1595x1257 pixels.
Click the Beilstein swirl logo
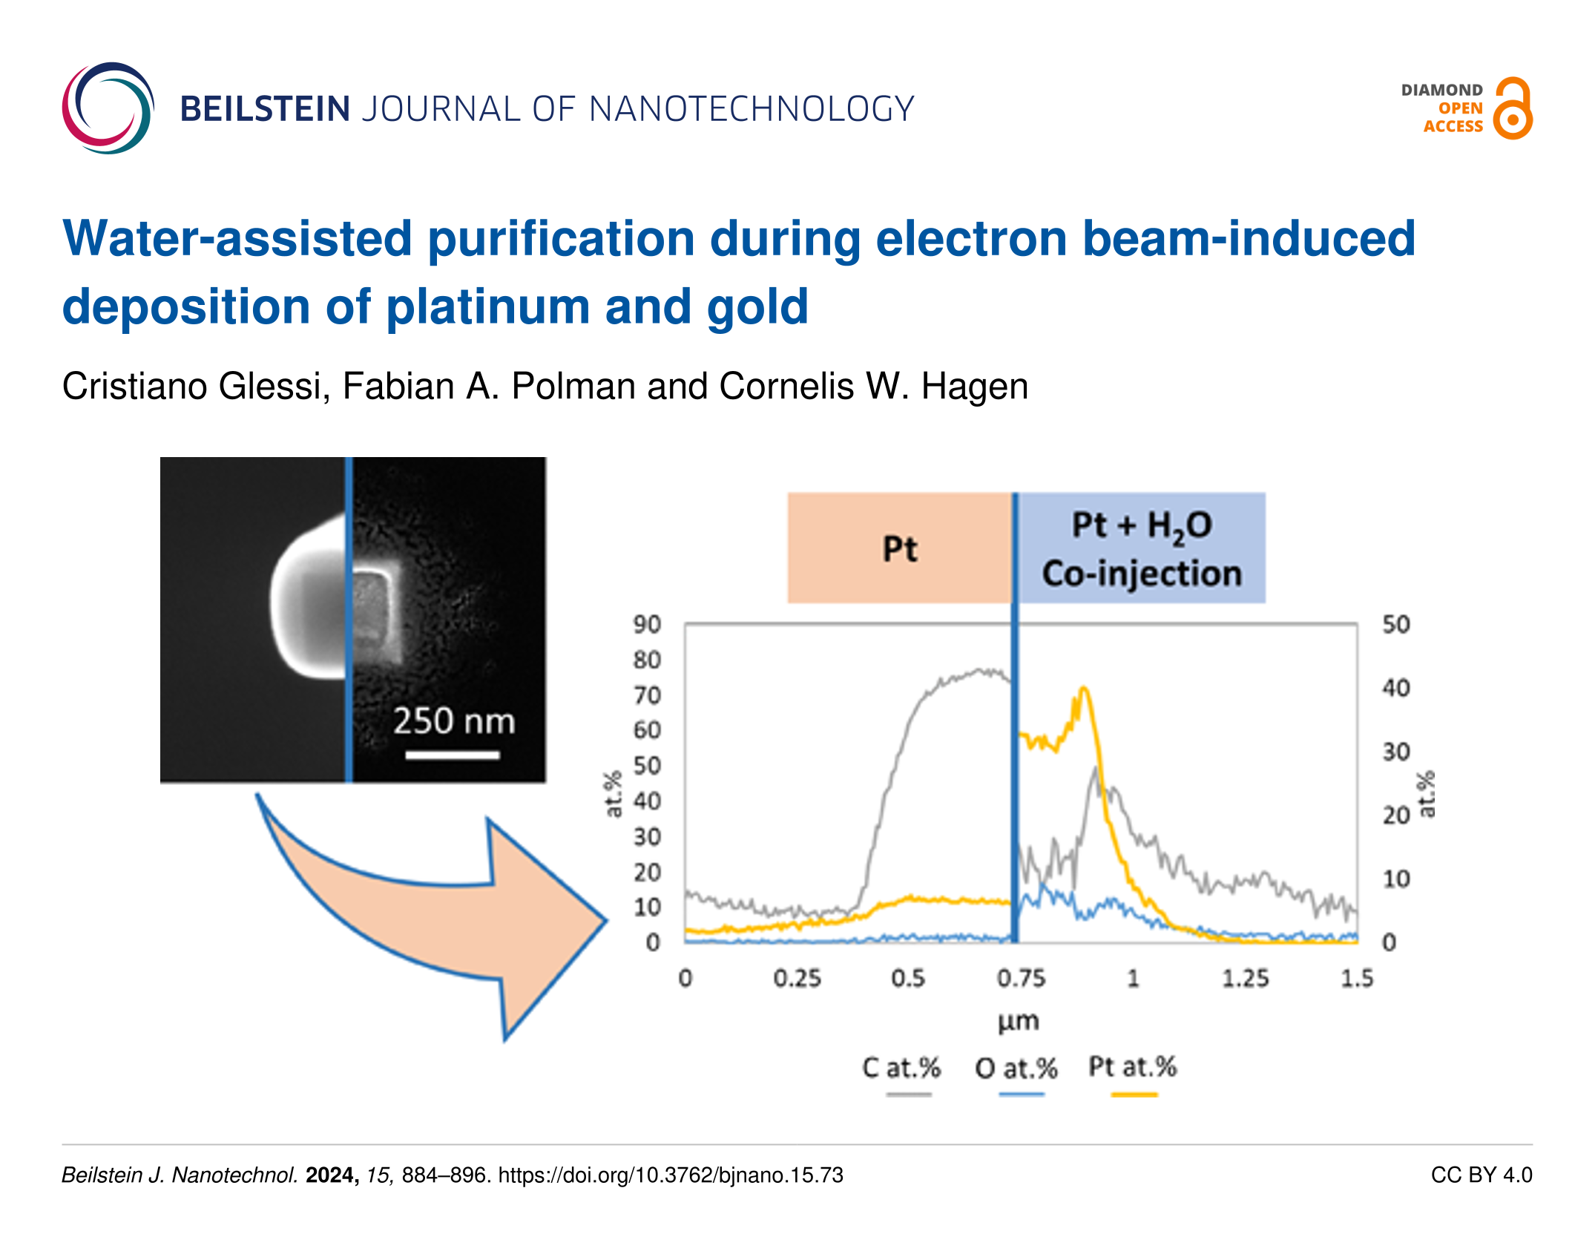tap(108, 108)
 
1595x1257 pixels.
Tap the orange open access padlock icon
tap(1513, 108)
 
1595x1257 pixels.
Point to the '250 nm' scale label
tap(453, 721)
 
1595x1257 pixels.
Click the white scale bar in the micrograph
tap(453, 755)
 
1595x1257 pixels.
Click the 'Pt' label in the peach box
tap(900, 550)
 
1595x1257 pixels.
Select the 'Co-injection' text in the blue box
tap(1142, 574)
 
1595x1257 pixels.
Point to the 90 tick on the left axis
tap(646, 624)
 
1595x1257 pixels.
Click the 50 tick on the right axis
tap(1395, 624)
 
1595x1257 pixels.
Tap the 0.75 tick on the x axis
tap(1021, 978)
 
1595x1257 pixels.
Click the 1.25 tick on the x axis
tap(1245, 978)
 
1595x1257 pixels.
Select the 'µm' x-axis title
tap(1018, 1022)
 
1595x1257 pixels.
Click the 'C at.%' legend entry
tap(901, 1069)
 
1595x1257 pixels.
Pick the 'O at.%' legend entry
tap(1016, 1069)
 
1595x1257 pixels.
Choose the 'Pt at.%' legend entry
tap(1132, 1067)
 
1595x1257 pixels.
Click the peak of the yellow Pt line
tap(1084, 689)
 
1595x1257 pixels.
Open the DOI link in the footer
tap(671, 1175)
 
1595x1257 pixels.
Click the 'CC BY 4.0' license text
tap(1481, 1175)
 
